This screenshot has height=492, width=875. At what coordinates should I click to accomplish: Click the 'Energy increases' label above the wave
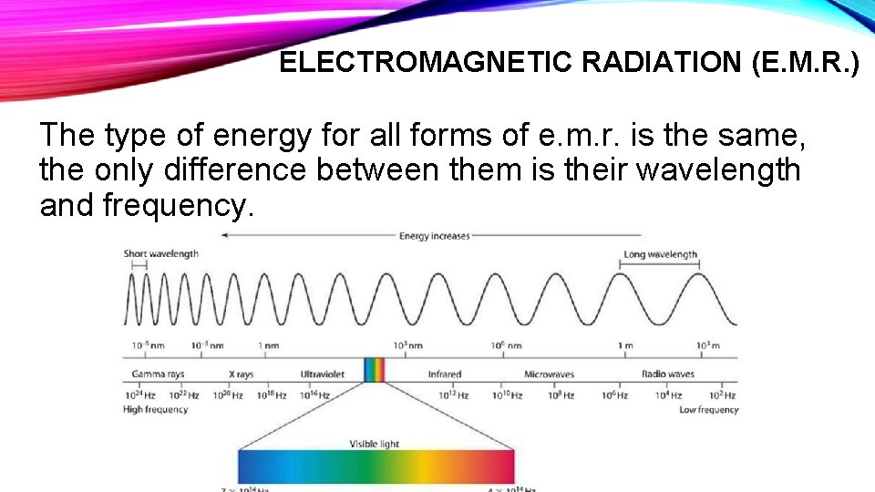click(x=434, y=236)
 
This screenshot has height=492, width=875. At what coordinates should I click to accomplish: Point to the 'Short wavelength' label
click(x=160, y=254)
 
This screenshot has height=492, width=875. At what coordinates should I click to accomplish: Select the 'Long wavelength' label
click(x=660, y=255)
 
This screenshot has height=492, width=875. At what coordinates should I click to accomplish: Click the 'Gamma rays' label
click(x=158, y=374)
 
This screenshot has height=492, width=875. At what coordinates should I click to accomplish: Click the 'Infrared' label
click(x=445, y=374)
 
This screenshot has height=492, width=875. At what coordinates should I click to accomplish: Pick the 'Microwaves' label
click(x=550, y=374)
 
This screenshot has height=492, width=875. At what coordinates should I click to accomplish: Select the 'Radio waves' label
click(x=668, y=374)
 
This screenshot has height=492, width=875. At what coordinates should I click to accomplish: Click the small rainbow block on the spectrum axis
click(x=375, y=370)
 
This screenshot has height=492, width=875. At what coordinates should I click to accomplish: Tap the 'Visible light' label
click(x=375, y=444)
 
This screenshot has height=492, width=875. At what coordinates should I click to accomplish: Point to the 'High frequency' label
click(x=155, y=410)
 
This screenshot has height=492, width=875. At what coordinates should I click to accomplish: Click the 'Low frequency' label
click(x=708, y=410)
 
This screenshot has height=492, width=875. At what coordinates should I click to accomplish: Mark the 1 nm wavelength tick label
click(x=268, y=346)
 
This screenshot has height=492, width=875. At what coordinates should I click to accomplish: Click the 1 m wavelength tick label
click(x=625, y=346)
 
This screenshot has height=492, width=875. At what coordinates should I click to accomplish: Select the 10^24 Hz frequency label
click(x=139, y=395)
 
